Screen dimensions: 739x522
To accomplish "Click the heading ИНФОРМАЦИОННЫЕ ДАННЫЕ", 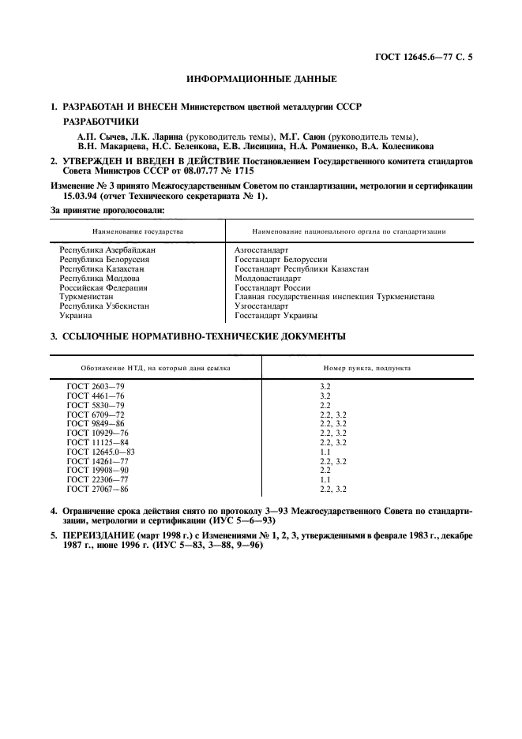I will click(261, 80).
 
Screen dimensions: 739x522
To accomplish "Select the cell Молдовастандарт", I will click(268, 278).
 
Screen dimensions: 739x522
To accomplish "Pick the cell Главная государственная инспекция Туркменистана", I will click(334, 297).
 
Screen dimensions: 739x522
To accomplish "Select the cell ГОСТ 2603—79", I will click(96, 386).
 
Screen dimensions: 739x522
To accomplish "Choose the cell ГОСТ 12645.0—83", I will click(101, 452).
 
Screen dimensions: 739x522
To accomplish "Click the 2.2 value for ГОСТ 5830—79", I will click(325, 404).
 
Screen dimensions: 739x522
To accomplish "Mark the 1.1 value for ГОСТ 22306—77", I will click(325, 480).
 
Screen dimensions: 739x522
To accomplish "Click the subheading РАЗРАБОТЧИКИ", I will click(100, 122).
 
